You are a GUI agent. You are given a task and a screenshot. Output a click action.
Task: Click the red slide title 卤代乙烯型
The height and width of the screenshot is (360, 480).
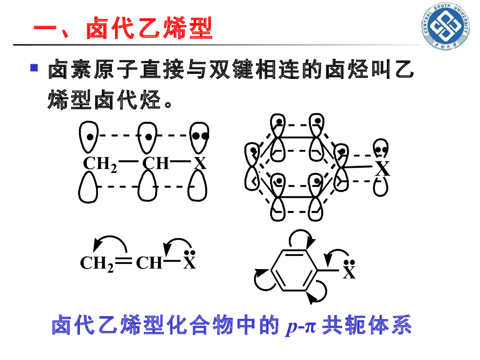(x=123, y=29)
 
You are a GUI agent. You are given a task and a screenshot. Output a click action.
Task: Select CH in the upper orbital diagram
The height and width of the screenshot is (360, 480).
(x=156, y=164)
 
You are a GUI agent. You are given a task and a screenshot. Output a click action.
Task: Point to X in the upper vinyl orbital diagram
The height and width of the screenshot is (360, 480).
(x=201, y=164)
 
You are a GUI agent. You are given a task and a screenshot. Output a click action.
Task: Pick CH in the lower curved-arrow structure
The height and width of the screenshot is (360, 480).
(x=149, y=263)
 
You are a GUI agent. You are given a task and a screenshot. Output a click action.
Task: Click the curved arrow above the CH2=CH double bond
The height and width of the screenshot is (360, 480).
(x=110, y=242)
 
